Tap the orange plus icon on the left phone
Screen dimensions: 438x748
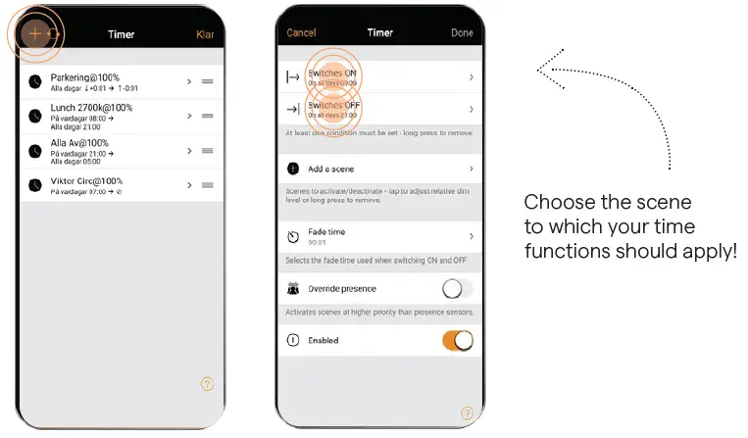pos(35,33)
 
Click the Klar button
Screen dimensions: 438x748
pos(205,34)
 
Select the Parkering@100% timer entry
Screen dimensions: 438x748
pos(86,77)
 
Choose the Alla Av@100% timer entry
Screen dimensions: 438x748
pos(80,143)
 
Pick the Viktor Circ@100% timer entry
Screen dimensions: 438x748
pos(86,181)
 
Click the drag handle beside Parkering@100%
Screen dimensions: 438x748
pos(208,80)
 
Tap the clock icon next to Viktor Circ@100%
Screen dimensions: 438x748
pos(35,185)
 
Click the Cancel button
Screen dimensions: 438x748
pos(301,33)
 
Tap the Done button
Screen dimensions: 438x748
pos(462,33)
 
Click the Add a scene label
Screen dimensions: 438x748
pos(331,169)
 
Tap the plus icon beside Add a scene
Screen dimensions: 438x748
pos(293,169)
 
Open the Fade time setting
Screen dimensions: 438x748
pos(378,236)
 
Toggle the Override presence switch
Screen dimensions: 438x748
pos(457,289)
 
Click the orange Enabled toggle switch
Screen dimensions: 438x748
pos(457,340)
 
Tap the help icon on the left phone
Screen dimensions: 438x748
pos(207,384)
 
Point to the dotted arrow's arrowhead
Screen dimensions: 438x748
pos(542,69)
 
